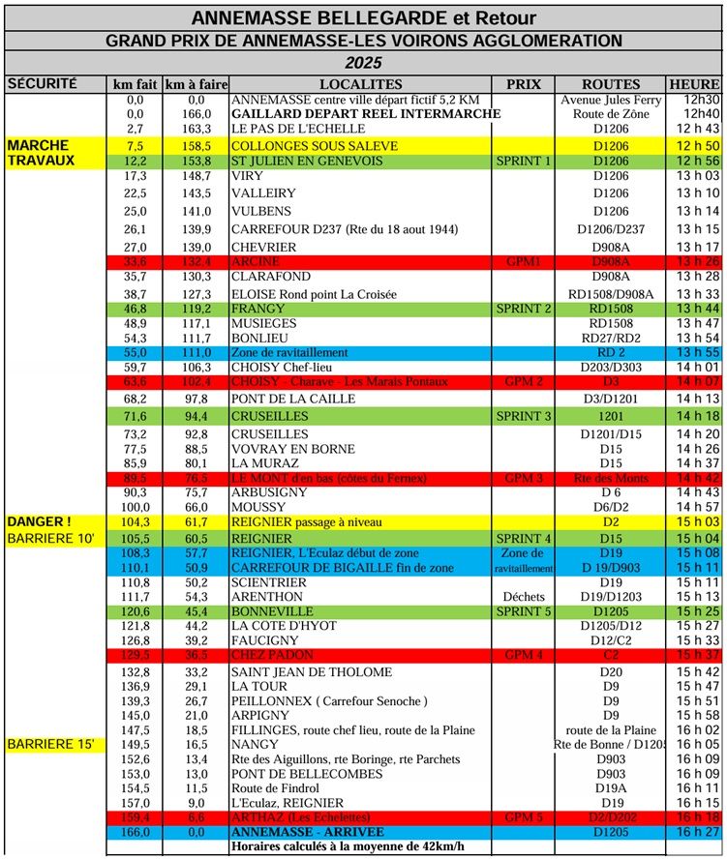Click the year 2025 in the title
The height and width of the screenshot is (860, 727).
pos(363,63)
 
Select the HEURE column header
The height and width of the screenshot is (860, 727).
pos(694,84)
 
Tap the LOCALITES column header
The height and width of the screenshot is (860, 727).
pos(359,84)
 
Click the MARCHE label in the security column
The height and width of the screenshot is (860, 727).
pos(36,145)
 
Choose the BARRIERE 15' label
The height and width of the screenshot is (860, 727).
pos(50,745)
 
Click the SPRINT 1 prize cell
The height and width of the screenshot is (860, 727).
pos(523,161)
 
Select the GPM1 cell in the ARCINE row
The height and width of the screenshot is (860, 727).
pos(523,261)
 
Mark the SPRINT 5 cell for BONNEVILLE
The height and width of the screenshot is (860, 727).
pos(523,611)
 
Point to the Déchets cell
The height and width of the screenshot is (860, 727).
pos(523,597)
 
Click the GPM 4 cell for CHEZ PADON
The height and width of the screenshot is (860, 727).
pos(523,655)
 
